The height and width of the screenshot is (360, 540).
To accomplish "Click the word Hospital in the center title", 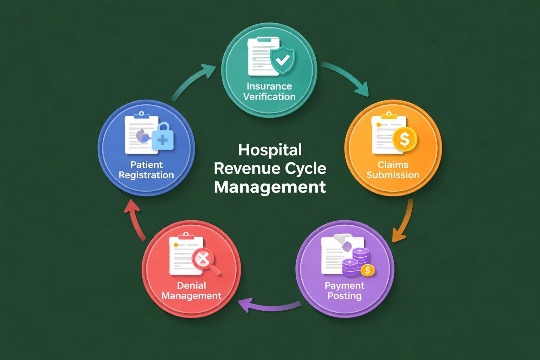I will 270,150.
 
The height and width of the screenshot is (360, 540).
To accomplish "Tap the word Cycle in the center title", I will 304,168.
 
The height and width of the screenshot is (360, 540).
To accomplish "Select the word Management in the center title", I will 270,187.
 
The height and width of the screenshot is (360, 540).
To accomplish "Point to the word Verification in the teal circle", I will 269,97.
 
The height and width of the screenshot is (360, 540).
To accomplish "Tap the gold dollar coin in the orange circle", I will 405,139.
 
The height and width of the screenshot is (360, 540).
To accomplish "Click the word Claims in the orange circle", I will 393,165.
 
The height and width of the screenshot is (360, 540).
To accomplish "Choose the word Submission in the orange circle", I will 393,175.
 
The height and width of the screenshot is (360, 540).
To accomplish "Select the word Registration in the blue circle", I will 146,175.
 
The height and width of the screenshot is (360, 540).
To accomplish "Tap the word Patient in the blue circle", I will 146,165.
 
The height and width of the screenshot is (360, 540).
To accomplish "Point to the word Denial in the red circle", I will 191,285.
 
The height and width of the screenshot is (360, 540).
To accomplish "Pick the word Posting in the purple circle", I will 345,296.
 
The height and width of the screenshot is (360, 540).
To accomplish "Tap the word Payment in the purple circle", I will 345,285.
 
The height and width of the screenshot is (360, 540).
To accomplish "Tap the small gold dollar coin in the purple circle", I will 368,270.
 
